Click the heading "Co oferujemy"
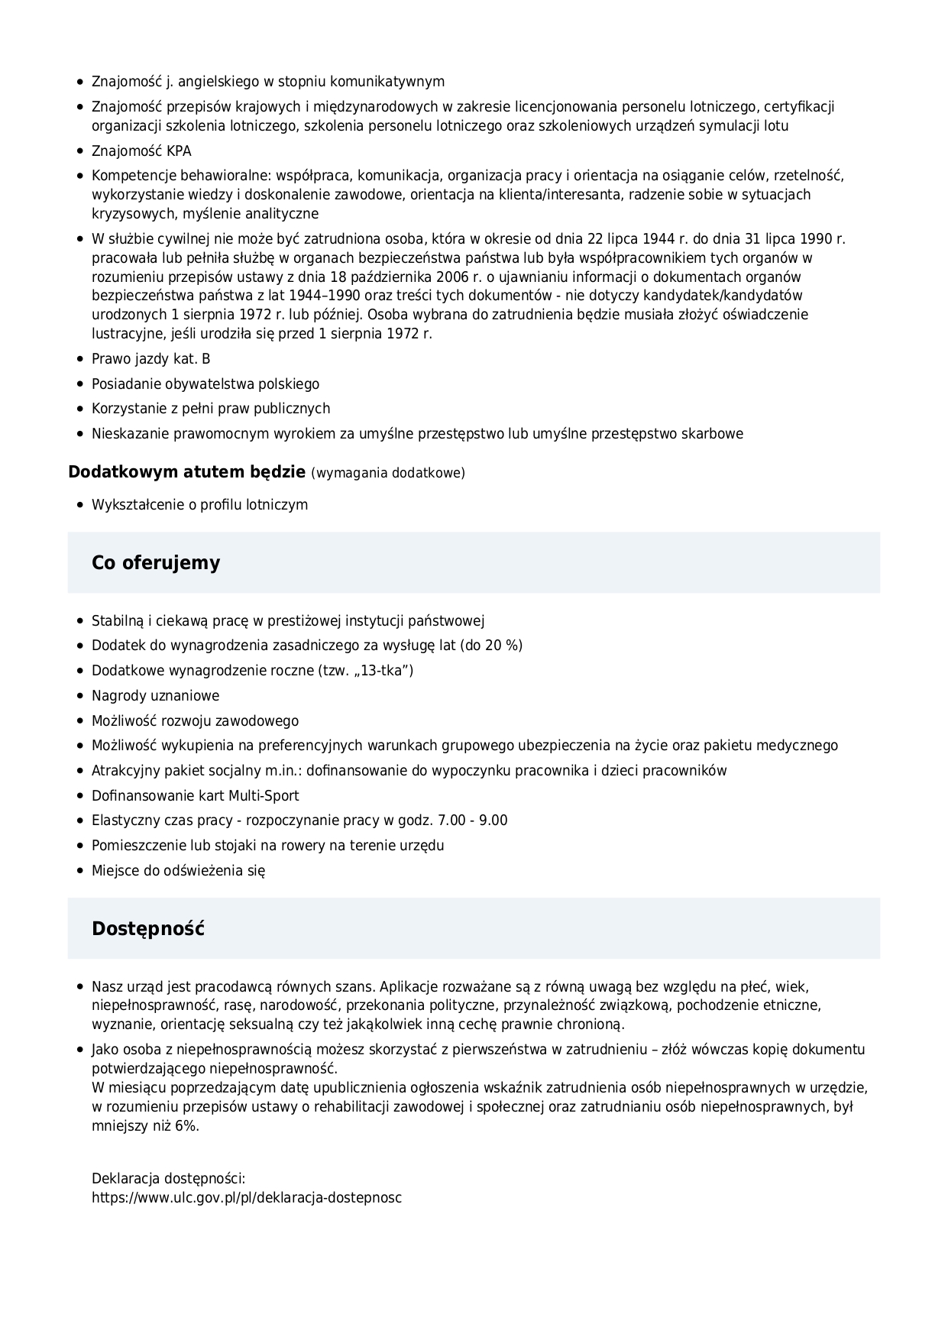156,563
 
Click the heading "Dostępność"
148,929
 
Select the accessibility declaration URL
247,1197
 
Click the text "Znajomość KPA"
141,151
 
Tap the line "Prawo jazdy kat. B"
151,359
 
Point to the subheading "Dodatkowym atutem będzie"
187,472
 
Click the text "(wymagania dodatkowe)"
388,473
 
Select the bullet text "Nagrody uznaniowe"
155,696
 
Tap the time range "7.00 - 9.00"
472,821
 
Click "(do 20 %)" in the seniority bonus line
491,646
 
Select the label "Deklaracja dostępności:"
168,1179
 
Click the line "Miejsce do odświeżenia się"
179,871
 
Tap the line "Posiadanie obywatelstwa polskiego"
205,384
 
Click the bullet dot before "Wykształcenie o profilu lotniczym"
80,505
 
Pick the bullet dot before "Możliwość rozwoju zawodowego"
80,721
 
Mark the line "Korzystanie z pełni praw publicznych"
211,409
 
